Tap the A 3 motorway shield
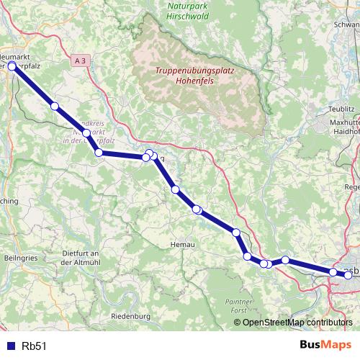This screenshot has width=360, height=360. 80,63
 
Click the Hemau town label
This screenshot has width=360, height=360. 182,245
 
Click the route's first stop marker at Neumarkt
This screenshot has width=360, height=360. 12,66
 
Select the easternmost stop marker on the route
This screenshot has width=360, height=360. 333,272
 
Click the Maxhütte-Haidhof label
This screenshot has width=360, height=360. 344,127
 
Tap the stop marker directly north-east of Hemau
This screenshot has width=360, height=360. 197,210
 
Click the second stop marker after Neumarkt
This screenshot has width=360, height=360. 86,133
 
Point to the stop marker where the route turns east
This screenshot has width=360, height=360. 99,153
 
